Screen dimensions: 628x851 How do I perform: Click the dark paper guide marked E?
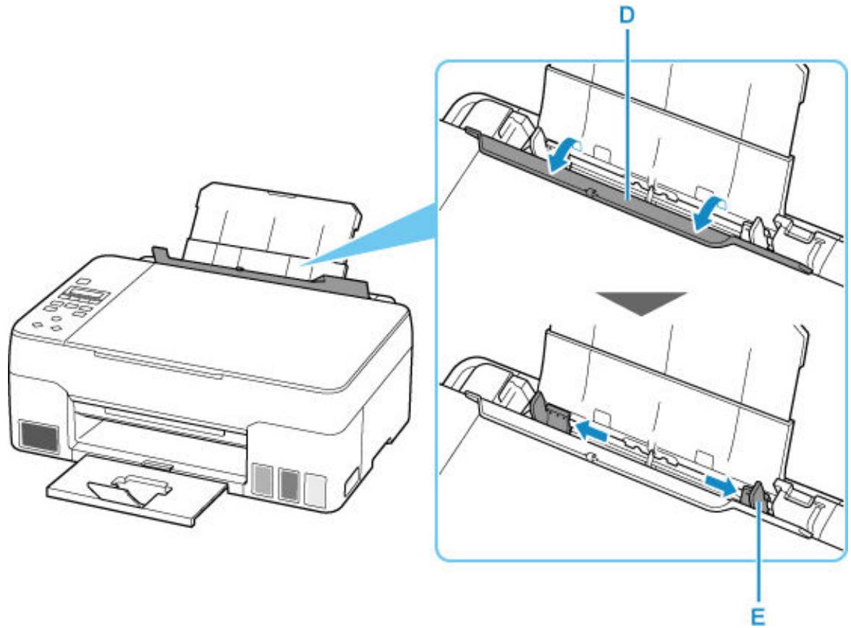(753, 499)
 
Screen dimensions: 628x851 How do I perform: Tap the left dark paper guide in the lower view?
(551, 414)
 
